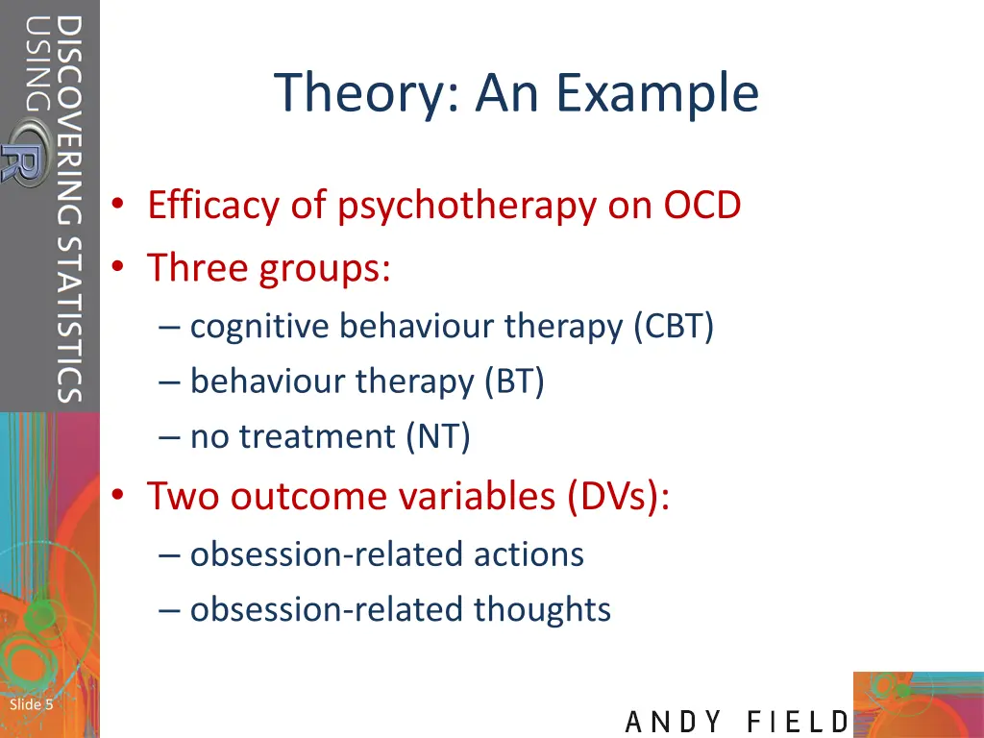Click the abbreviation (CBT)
[x=673, y=328]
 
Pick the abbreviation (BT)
[x=514, y=382]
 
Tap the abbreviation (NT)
[x=438, y=437]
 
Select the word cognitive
[x=260, y=328]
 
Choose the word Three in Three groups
[x=197, y=267]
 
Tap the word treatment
[x=317, y=437]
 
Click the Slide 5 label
[x=31, y=705]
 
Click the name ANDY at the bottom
[x=672, y=721]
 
